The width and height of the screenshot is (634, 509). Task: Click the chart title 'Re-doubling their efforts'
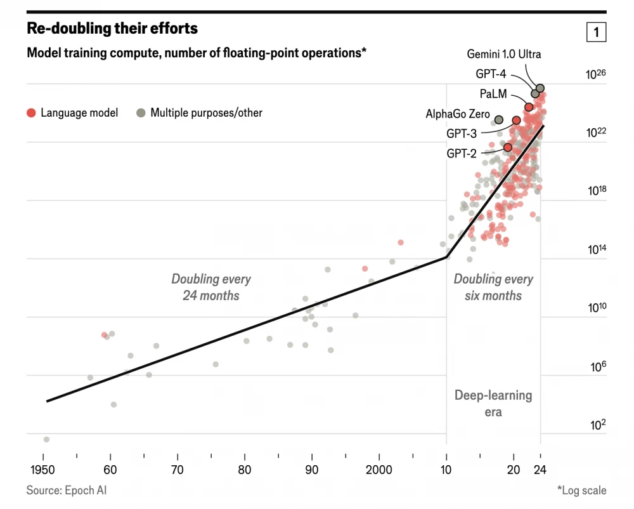point(112,29)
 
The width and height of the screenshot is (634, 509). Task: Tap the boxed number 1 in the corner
point(596,32)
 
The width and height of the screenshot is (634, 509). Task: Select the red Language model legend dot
point(31,113)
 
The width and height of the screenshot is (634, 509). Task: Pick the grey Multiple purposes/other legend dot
point(141,113)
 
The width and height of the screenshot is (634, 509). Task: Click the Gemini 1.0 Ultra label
point(504,54)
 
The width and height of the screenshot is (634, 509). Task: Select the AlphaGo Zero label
point(457,114)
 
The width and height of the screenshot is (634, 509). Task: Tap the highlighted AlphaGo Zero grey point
point(499,119)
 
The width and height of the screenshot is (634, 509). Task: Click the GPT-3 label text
point(461,134)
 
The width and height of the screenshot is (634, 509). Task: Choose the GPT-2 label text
point(462,153)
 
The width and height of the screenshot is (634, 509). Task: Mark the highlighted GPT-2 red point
point(508,147)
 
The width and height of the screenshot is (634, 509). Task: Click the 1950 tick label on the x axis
point(43,470)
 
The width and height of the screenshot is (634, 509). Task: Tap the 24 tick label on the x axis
point(540,470)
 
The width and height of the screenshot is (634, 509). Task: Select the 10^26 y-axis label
point(595,75)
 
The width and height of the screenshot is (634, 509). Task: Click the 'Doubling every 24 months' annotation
point(211,287)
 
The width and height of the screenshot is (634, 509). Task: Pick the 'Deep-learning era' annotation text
point(493,404)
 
